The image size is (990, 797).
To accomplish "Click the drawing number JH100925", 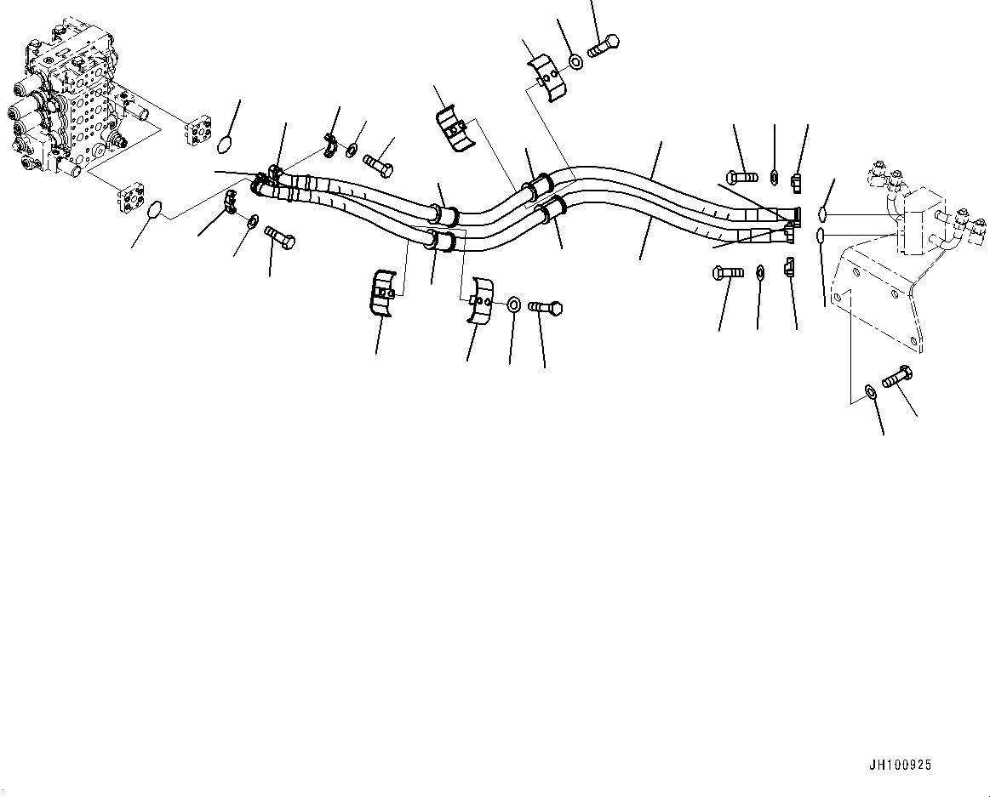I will tap(901, 766).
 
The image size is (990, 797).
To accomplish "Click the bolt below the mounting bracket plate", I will tap(897, 377).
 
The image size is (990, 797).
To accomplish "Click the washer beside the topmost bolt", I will tap(576, 61).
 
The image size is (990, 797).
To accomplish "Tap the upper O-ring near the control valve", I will tap(224, 145).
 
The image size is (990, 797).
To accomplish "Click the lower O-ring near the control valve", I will tap(154, 209).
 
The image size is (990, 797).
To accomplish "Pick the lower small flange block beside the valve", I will tap(133, 198).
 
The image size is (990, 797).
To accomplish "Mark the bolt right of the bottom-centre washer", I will tap(546, 307).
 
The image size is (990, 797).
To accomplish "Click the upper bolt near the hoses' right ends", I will tap(742, 178).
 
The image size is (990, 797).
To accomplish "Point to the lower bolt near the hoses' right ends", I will tap(726, 273).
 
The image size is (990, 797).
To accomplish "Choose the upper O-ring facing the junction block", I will tap(823, 213).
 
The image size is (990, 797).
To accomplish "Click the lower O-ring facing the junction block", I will tap(819, 234).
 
